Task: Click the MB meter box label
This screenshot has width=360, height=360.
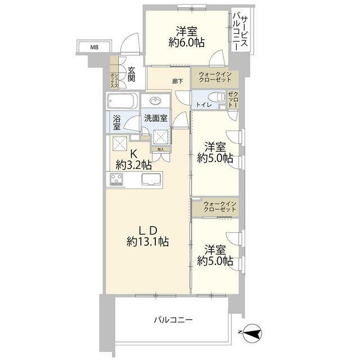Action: pyautogui.click(x=94, y=47)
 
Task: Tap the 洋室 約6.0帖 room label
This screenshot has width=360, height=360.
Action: pyautogui.click(x=183, y=37)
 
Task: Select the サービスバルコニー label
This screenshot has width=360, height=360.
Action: pyautogui.click(x=241, y=33)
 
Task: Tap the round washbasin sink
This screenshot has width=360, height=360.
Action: pyautogui.click(x=155, y=101)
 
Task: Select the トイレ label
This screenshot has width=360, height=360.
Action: pyautogui.click(x=203, y=105)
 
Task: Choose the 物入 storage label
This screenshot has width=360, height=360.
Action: pyautogui.click(x=160, y=150)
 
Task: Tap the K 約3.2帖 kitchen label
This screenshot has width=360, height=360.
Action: pyautogui.click(x=134, y=159)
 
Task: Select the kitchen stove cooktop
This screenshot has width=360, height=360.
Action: pyautogui.click(x=117, y=179)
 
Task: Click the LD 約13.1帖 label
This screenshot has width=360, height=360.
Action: pyautogui.click(x=147, y=236)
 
